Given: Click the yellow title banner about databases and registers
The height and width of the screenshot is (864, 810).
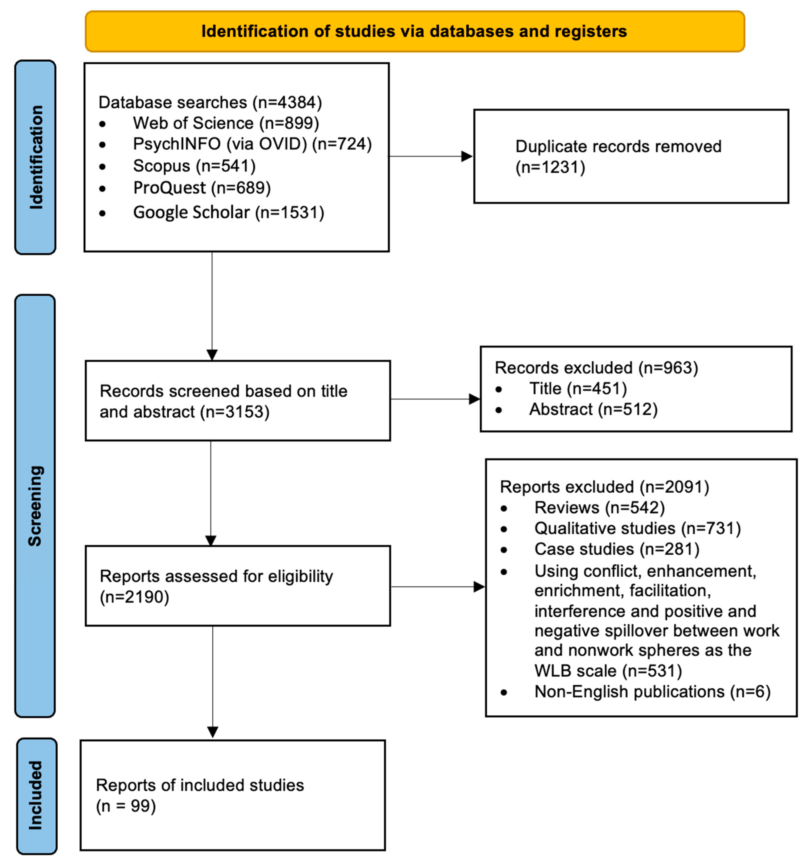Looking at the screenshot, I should coord(414,32).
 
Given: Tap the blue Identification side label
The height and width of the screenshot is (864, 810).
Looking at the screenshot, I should coord(36,157).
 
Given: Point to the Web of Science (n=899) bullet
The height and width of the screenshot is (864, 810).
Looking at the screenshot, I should coord(226,123).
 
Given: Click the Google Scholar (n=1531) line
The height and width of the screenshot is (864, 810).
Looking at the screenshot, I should coord(228,213).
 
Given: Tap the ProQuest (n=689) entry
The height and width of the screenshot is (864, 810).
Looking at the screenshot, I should coord(202,188).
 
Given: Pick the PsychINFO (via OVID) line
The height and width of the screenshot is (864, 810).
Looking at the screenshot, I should coord(252,144).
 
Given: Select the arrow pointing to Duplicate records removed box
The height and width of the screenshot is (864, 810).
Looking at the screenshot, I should coord(467,156).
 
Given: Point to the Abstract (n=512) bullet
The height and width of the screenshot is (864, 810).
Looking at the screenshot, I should coord(593,409).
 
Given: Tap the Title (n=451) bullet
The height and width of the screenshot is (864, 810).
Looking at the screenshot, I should coord(578,388).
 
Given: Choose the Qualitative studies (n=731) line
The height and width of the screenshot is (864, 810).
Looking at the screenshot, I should coord(637,528).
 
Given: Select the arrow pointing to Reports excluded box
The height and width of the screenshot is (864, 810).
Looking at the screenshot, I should coord(478,587).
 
